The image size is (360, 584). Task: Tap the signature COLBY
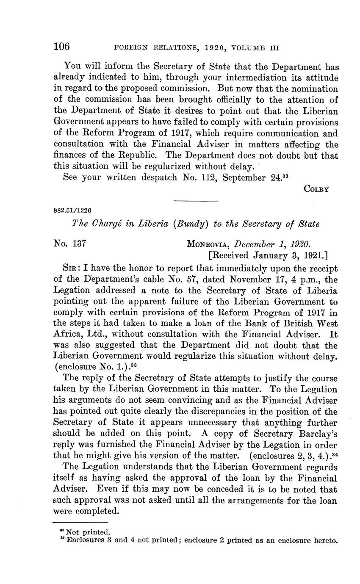316,189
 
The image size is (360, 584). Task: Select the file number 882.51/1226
73,210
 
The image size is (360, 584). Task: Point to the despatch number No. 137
70,244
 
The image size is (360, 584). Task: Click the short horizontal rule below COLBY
196,200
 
